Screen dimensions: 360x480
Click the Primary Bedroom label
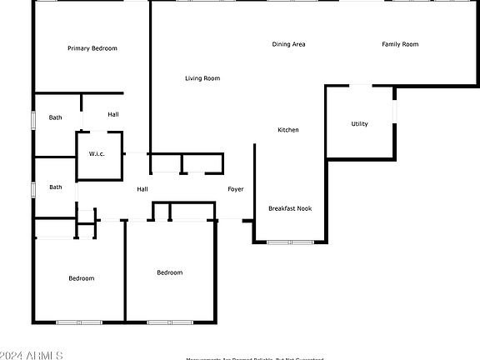pyautogui.click(x=92, y=48)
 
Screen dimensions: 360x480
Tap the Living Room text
pyautogui.click(x=202, y=78)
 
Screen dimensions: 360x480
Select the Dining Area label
pyautogui.click(x=288, y=44)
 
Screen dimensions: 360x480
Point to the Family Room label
pyautogui.click(x=400, y=44)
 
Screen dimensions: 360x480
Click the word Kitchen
pyautogui.click(x=288, y=130)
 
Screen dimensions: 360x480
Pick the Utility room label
pyautogui.click(x=359, y=124)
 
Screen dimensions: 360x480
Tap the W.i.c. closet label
pyautogui.click(x=97, y=154)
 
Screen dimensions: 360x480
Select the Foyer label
pyautogui.click(x=236, y=189)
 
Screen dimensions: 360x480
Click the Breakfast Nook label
pyautogui.click(x=290, y=208)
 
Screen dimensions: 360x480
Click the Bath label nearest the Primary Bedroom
pyautogui.click(x=55, y=117)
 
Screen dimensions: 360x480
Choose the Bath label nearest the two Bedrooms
pyautogui.click(x=55, y=187)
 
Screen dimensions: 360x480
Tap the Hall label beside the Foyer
pyautogui.click(x=142, y=189)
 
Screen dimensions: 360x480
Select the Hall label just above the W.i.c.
pyautogui.click(x=113, y=114)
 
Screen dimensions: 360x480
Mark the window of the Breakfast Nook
pyautogui.click(x=290, y=242)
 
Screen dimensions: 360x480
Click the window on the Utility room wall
pyautogui.click(x=395, y=112)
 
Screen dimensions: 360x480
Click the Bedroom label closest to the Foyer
pyautogui.click(x=169, y=272)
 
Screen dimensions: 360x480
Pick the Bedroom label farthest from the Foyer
pyautogui.click(x=81, y=278)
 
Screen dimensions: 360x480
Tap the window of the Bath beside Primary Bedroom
pyautogui.click(x=33, y=119)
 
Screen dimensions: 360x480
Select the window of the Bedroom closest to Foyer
pyautogui.click(x=170, y=322)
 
